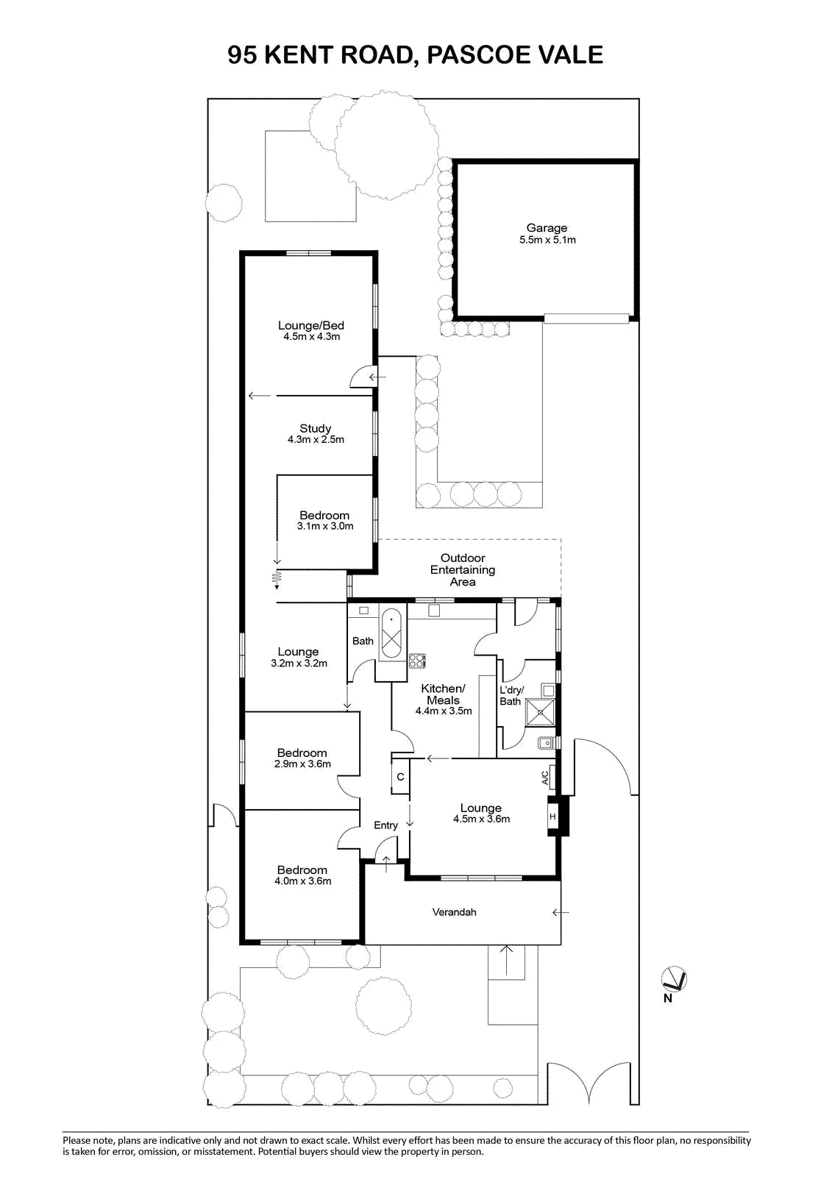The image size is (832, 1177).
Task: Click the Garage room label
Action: tap(547, 228)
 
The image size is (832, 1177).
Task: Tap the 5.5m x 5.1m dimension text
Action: tap(547, 240)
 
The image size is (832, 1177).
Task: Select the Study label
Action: tap(316, 429)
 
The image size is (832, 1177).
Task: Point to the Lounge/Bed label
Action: tap(311, 326)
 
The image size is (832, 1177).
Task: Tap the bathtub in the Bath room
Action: tap(391, 633)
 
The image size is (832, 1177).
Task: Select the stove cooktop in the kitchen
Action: tap(417, 661)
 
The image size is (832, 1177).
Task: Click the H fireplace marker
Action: tap(552, 817)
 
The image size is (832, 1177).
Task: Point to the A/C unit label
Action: tap(545, 778)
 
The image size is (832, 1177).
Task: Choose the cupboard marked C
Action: tap(400, 777)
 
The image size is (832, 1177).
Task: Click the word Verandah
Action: tap(454, 912)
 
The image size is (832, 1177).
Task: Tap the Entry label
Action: tap(385, 825)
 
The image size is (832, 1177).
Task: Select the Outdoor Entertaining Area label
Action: tap(463, 569)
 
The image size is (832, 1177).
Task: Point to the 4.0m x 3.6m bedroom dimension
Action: tap(303, 881)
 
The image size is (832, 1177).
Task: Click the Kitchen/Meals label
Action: tap(443, 694)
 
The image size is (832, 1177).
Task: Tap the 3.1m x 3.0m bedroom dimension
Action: tap(325, 526)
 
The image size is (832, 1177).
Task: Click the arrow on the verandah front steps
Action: tap(506, 960)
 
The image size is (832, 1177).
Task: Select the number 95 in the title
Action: tap(242, 54)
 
